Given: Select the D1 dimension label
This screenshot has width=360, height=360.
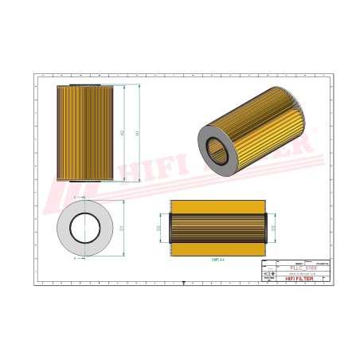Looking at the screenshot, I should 122,228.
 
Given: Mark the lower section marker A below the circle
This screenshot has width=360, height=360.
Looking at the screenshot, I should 75,259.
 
